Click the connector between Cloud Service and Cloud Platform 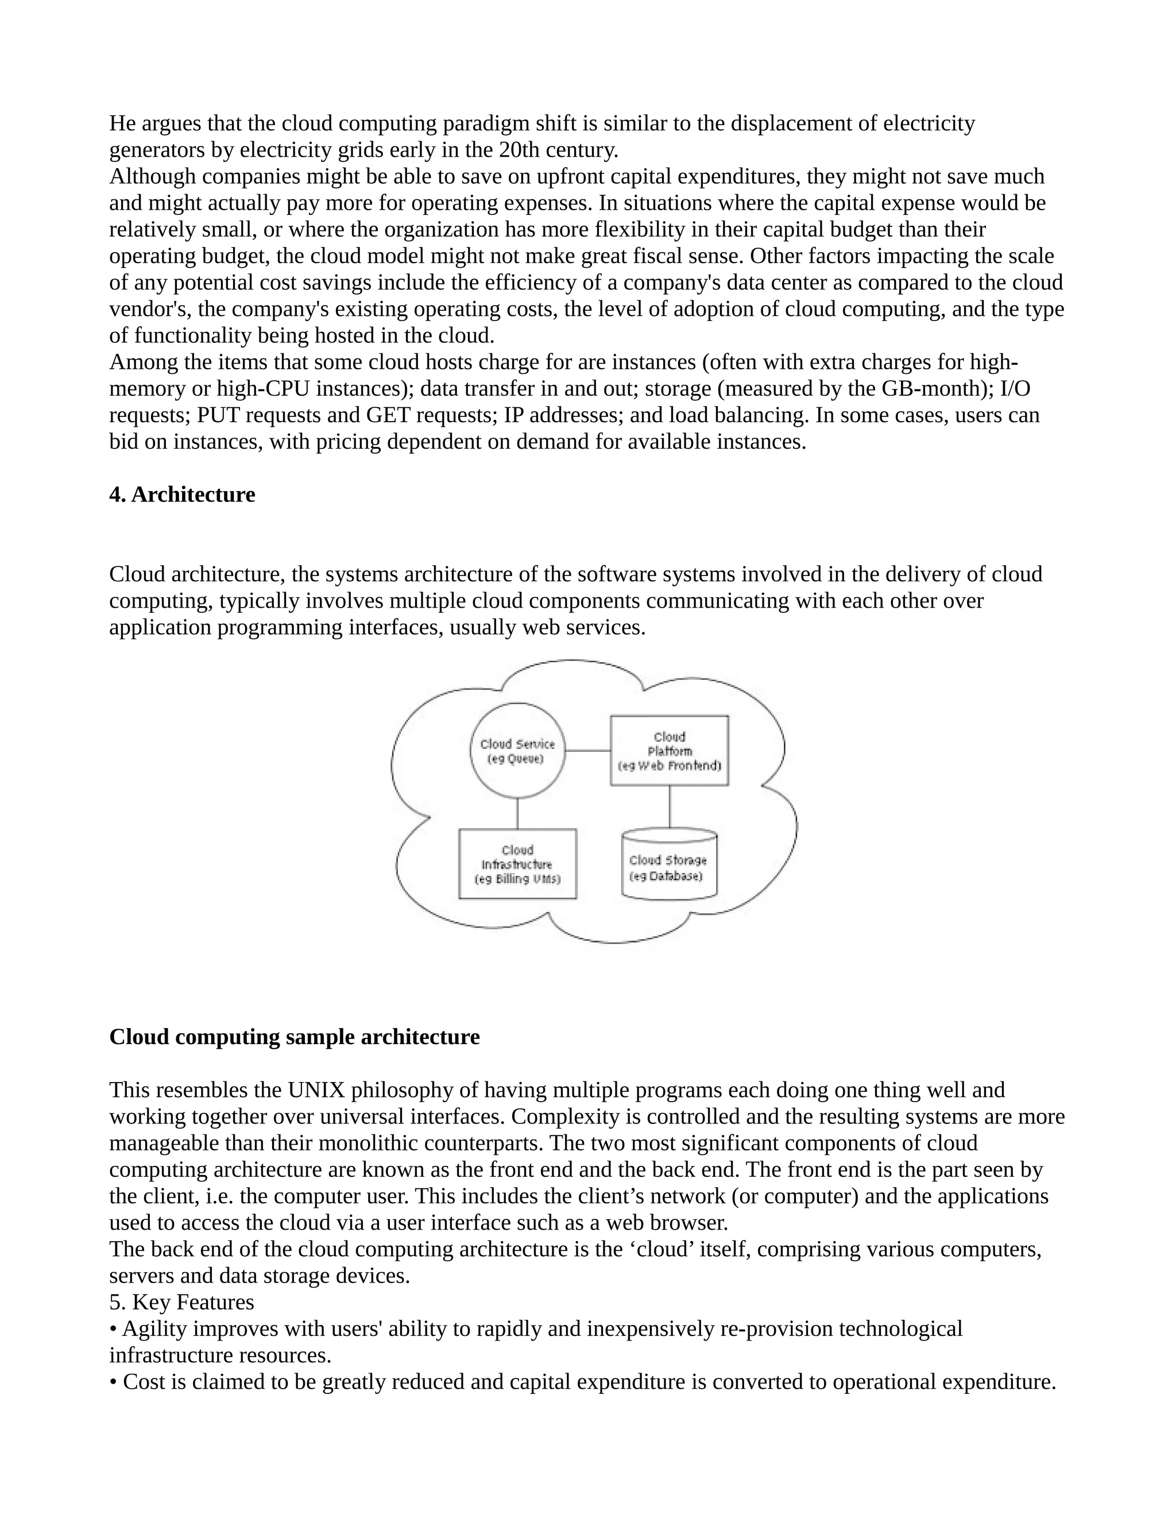coord(587,751)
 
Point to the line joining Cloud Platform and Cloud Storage coord(670,806)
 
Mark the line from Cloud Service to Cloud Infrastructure coord(517,813)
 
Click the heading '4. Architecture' coord(182,494)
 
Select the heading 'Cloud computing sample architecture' coord(294,1036)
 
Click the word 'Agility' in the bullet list coord(154,1328)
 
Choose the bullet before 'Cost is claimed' coord(113,1382)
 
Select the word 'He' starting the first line coord(122,123)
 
